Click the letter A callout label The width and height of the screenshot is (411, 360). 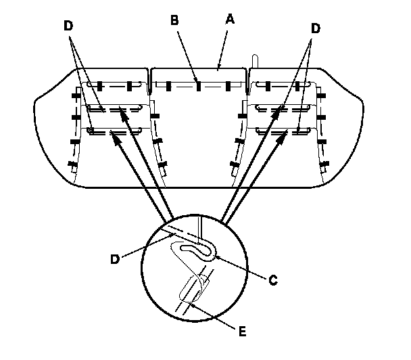[x=229, y=21]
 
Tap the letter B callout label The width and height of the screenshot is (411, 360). [x=174, y=21]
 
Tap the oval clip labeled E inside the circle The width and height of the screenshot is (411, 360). [x=193, y=289]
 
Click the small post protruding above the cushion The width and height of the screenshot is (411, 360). [x=255, y=60]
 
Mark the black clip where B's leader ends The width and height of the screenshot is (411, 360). [x=197, y=85]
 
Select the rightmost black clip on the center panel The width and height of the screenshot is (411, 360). [x=228, y=85]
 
